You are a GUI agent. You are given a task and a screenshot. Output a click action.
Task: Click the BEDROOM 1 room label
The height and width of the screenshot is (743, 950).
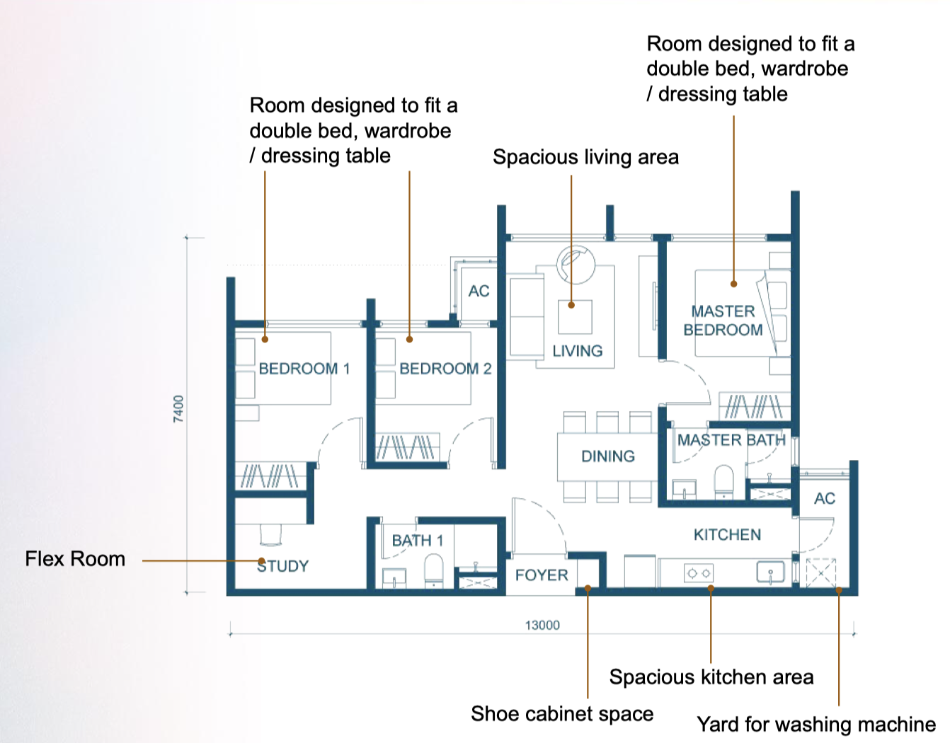click(x=304, y=369)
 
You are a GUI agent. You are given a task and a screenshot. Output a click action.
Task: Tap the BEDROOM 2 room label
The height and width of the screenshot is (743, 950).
click(x=445, y=369)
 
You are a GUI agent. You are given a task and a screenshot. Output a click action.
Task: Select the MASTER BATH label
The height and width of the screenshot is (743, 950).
click(x=731, y=440)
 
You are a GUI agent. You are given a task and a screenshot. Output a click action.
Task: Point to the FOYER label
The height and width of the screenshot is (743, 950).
click(x=542, y=575)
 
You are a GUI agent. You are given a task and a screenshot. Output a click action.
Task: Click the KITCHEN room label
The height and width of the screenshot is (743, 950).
click(x=728, y=535)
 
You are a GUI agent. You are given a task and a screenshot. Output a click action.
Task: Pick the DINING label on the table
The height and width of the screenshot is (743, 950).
click(x=608, y=456)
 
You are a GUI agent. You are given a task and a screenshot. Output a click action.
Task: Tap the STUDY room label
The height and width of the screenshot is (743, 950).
click(x=283, y=566)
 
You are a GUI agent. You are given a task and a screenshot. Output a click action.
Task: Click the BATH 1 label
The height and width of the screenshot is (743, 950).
click(x=418, y=541)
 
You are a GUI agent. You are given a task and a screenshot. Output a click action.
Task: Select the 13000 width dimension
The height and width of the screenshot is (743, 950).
click(x=542, y=626)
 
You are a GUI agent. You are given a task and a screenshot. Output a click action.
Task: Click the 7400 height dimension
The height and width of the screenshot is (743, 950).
click(x=178, y=409)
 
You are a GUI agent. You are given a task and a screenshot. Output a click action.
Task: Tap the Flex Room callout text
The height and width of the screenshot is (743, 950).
click(x=75, y=559)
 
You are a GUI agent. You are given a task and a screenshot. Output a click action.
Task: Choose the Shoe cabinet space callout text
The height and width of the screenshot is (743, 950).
click(x=562, y=714)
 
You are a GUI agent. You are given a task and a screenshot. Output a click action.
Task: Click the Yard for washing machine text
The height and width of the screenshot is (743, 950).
click(x=816, y=724)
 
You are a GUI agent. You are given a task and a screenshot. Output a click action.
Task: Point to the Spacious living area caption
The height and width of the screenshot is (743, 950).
click(x=586, y=157)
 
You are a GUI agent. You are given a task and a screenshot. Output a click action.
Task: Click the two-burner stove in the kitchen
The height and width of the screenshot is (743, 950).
click(x=699, y=573)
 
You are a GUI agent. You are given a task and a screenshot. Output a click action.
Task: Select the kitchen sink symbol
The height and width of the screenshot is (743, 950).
click(x=770, y=572)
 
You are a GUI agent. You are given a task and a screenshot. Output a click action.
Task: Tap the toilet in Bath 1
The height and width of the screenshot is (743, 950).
click(x=434, y=570)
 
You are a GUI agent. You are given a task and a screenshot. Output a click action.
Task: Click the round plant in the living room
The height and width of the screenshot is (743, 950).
click(x=576, y=265)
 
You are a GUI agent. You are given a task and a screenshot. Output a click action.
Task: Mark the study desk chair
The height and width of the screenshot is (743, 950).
click(x=270, y=535)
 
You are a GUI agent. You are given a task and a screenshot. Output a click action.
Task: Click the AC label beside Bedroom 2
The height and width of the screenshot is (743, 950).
click(x=479, y=291)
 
